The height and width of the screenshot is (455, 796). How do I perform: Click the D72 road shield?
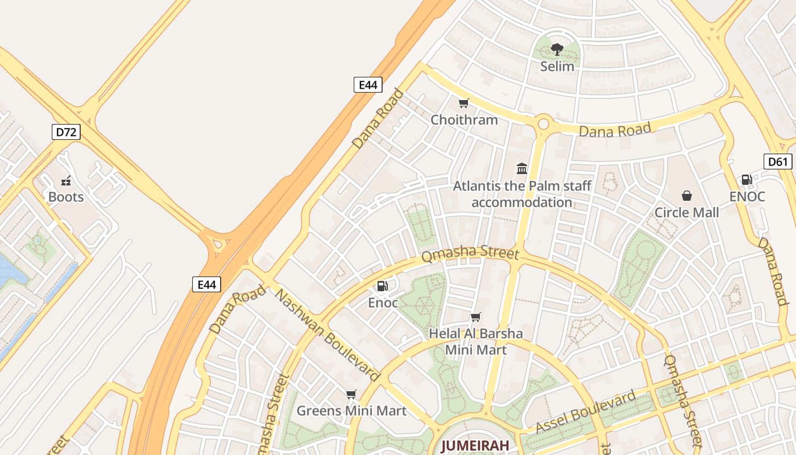66,133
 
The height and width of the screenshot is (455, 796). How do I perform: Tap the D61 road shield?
777,162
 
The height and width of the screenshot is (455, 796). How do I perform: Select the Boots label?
66,197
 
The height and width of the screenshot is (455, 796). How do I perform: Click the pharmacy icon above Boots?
66,181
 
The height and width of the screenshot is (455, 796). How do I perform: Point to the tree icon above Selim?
557,49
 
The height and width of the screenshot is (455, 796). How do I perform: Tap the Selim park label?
557,66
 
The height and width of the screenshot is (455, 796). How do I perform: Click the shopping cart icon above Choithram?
464,104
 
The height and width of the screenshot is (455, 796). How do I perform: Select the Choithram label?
464,120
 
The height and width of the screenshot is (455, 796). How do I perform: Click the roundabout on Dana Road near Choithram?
544,123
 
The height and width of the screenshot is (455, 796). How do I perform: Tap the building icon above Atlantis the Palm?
522,168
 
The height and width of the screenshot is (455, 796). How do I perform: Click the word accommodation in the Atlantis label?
522,202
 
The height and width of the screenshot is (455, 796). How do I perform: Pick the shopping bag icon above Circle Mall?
687,196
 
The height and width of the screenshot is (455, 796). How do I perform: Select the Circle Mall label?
687,213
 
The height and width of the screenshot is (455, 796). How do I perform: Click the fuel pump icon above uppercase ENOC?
747,180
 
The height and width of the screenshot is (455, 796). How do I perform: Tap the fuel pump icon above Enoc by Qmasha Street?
383,286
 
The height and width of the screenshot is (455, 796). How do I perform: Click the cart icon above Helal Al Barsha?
476,317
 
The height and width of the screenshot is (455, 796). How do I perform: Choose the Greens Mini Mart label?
351,411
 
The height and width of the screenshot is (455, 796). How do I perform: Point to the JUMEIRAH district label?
475,445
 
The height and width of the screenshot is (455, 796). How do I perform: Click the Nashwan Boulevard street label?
327,335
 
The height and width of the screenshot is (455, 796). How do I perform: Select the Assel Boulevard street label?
586,412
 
